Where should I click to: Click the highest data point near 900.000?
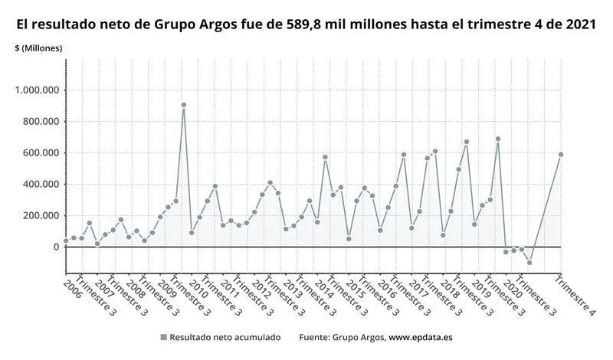[x=184, y=105]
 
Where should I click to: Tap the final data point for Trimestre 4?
[x=561, y=155]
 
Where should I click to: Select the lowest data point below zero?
[x=529, y=263]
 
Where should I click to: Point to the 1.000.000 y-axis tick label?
[x=37, y=90]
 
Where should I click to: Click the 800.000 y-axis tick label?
[x=40, y=122]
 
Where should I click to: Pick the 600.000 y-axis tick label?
[x=40, y=153]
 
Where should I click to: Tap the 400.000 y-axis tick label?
[x=40, y=185]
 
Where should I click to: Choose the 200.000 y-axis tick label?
[x=40, y=216]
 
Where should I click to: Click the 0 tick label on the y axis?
[x=55, y=247]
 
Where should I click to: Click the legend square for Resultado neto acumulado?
[x=163, y=338]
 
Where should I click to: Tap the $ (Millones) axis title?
[x=38, y=48]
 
